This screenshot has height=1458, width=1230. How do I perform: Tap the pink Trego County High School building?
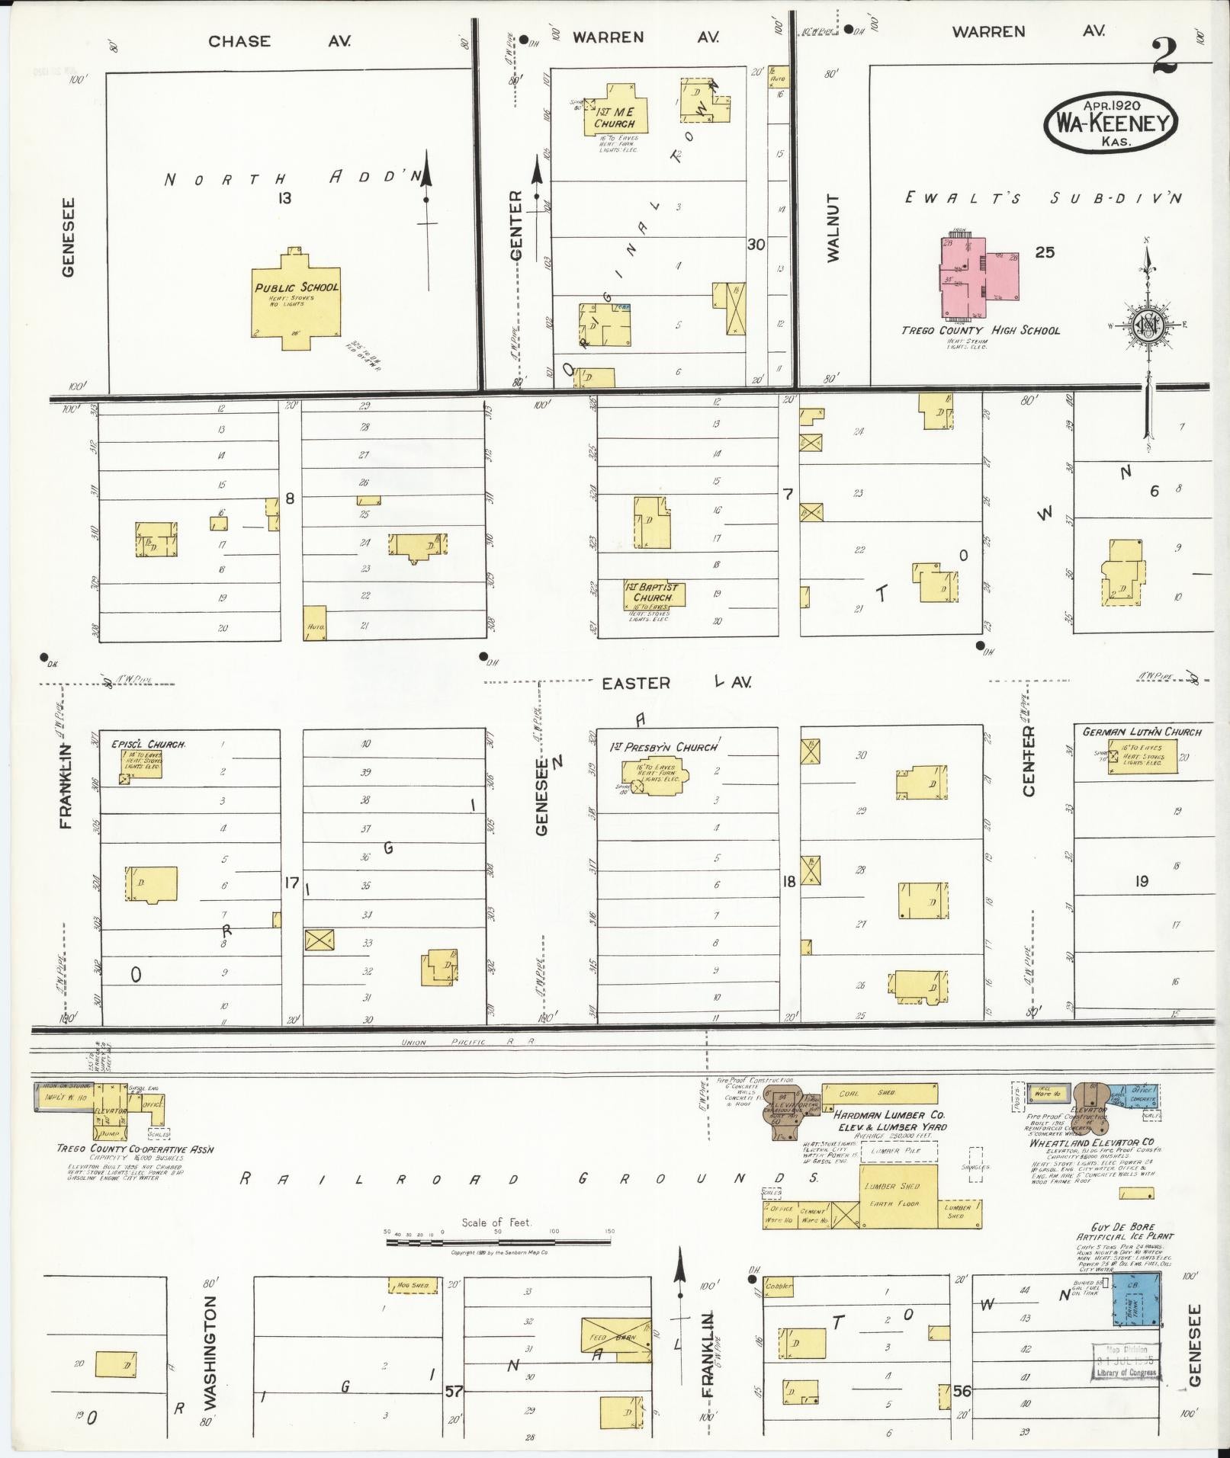pos(978,278)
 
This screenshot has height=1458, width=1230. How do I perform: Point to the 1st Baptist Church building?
pos(652,592)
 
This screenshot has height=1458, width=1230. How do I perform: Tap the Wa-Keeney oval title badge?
pos(1111,123)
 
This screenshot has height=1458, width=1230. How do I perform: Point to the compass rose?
pos(1147,324)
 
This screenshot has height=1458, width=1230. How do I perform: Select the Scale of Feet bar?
pos(498,1242)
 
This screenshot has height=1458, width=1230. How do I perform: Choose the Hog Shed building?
pos(413,1285)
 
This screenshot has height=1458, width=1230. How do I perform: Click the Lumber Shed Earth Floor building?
pos(890,1196)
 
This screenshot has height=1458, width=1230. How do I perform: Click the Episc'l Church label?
pos(148,744)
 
